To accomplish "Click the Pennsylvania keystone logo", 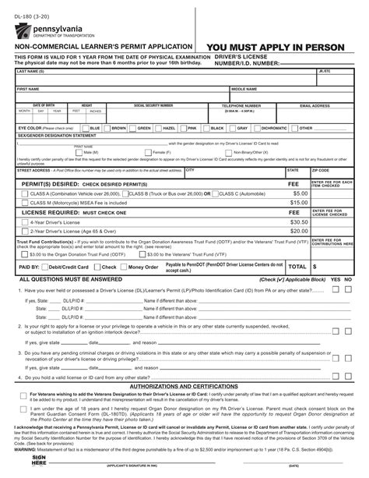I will coord(19,30).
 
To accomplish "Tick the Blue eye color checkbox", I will coord(86,128).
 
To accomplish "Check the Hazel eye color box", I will coord(156,128).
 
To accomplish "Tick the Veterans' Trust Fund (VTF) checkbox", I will coord(142,254).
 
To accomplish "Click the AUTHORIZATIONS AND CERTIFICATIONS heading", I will coord(184,386).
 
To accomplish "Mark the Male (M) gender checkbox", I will coord(90,152).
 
